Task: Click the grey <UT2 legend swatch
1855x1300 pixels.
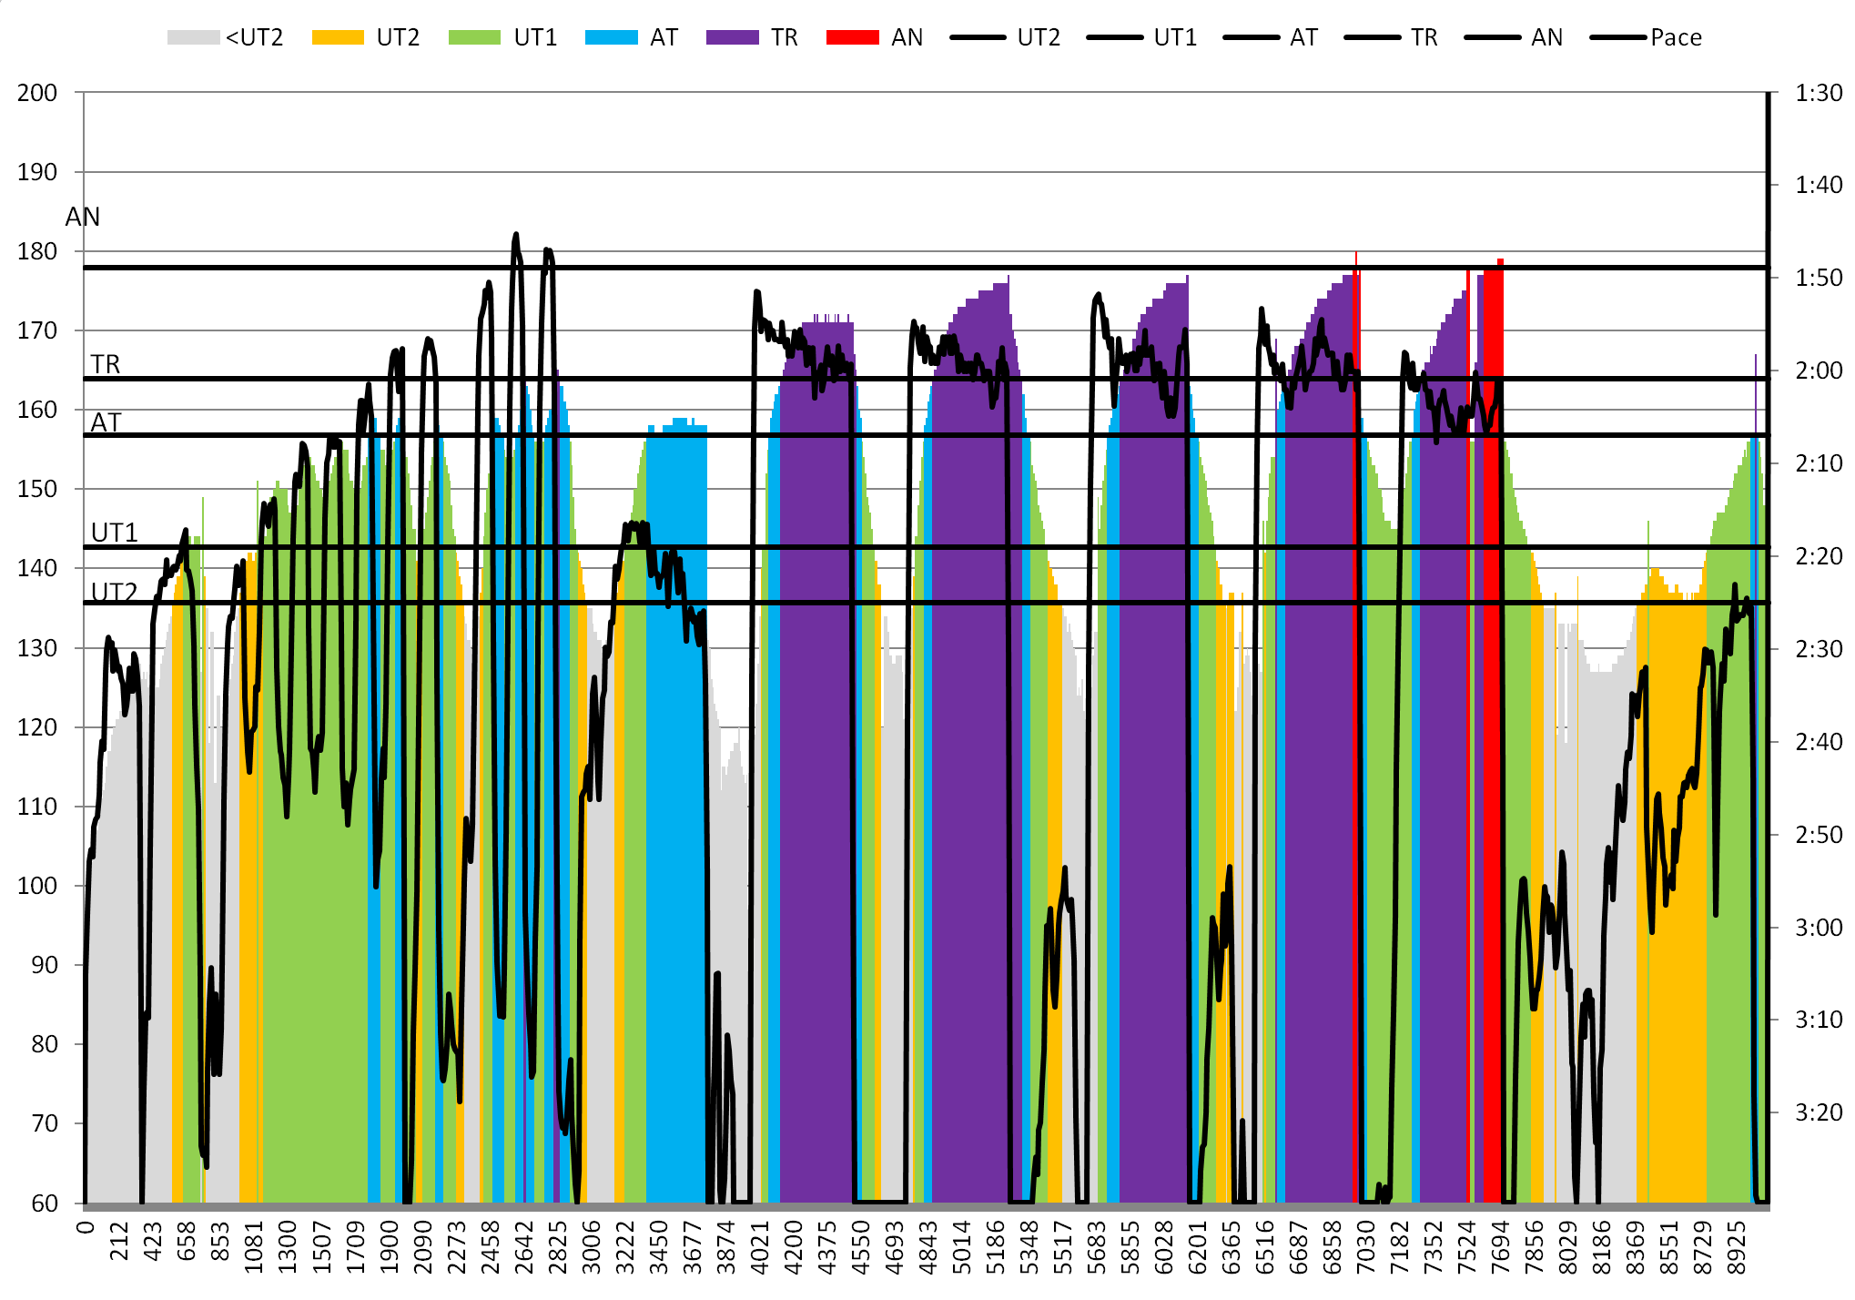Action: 193,37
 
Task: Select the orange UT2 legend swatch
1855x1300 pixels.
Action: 338,37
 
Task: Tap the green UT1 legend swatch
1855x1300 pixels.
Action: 474,37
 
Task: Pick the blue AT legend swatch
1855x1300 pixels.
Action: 611,37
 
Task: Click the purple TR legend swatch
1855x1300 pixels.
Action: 732,37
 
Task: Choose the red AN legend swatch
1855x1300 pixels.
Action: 852,37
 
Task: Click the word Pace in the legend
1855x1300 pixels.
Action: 1676,37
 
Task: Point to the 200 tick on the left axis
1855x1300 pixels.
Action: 37,93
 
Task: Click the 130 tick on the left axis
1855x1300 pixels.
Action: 37,648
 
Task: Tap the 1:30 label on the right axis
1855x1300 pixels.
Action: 1819,93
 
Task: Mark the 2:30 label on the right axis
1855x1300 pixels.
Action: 1819,649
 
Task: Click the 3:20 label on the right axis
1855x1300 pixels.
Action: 1819,1112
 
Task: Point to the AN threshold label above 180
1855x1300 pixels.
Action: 83,217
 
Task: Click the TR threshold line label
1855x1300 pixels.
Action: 106,364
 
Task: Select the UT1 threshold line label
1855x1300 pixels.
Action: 115,533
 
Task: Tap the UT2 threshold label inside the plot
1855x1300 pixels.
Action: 115,592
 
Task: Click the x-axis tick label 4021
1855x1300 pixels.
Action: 760,1241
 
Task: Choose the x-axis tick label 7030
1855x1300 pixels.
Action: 1365,1241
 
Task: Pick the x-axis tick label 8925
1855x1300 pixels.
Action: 1737,1241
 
